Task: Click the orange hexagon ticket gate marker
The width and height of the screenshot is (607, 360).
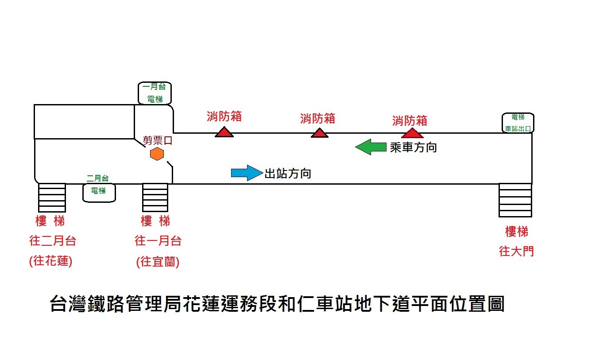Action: click(x=157, y=154)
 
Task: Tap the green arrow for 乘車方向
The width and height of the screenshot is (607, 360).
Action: click(x=371, y=147)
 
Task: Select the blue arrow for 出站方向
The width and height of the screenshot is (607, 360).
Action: click(x=247, y=173)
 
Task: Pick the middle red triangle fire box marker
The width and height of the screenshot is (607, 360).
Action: click(x=319, y=133)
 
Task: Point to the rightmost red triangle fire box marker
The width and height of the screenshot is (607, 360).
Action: click(x=412, y=133)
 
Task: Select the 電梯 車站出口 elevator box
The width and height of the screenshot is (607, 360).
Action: click(x=518, y=123)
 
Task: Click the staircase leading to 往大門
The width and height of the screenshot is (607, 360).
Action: click(x=515, y=200)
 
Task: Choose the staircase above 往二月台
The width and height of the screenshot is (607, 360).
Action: click(x=52, y=197)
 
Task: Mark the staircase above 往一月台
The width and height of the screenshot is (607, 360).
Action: click(x=155, y=197)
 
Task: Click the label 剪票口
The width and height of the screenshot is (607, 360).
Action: click(x=157, y=141)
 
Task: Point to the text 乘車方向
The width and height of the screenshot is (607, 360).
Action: click(x=413, y=147)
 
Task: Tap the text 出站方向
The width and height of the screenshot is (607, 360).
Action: click(x=288, y=174)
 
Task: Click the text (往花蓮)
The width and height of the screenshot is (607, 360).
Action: click(x=50, y=261)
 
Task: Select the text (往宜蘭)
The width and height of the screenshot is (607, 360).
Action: click(x=158, y=262)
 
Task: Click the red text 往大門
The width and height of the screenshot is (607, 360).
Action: click(x=516, y=252)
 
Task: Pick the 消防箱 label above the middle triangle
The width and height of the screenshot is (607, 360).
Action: click(x=317, y=119)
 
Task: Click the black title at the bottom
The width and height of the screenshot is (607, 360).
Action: click(x=277, y=304)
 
